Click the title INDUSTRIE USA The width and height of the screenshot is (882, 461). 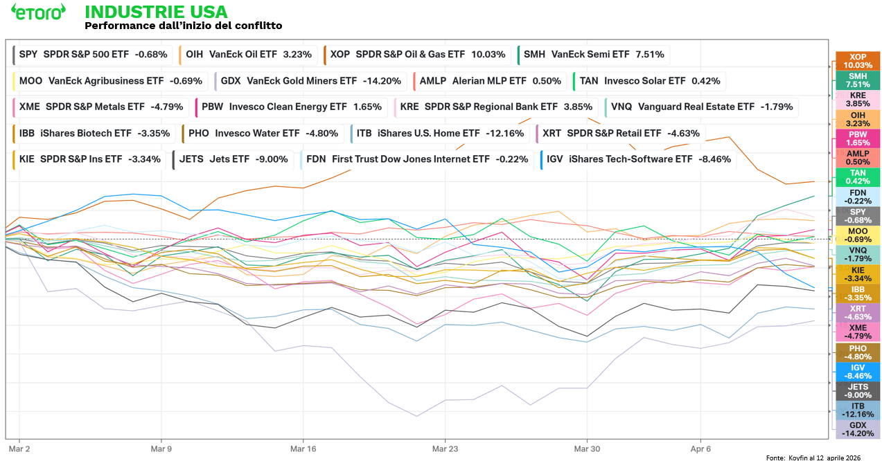coord(155,12)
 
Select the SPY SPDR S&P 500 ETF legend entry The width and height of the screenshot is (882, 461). coord(94,54)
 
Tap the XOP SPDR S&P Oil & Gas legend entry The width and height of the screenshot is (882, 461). coord(417,54)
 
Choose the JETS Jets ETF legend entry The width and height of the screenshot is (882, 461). coord(233,159)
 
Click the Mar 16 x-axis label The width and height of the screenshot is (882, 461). coord(303,449)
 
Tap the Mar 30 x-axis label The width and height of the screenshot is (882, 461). coord(588,449)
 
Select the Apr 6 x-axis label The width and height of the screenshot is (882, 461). coord(701,449)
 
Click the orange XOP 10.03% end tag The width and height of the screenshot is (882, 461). coord(858,61)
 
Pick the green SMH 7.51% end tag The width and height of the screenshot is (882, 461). coord(858,80)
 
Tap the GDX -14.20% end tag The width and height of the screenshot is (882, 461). coord(858,429)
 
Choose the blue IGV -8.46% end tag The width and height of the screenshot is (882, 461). coord(858,372)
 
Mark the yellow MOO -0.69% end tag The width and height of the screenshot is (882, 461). coord(858,235)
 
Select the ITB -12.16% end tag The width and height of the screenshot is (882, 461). coord(858,410)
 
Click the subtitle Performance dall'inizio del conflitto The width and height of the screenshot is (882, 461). coord(183,26)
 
